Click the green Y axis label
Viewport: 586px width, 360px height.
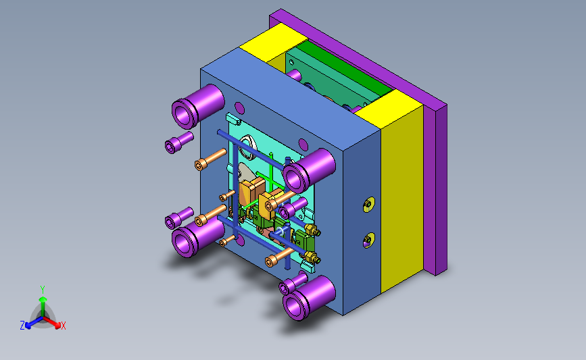tap(42, 290)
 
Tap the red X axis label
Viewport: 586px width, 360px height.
tap(63, 326)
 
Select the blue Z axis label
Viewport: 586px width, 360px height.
tap(22, 326)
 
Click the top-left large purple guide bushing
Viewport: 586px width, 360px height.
tap(198, 104)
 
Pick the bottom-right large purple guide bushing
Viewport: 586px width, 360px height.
tap(309, 297)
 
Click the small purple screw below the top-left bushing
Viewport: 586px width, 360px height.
tap(179, 143)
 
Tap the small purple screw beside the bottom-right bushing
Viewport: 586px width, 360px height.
tap(293, 283)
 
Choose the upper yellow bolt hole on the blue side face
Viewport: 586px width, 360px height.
tap(369, 204)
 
